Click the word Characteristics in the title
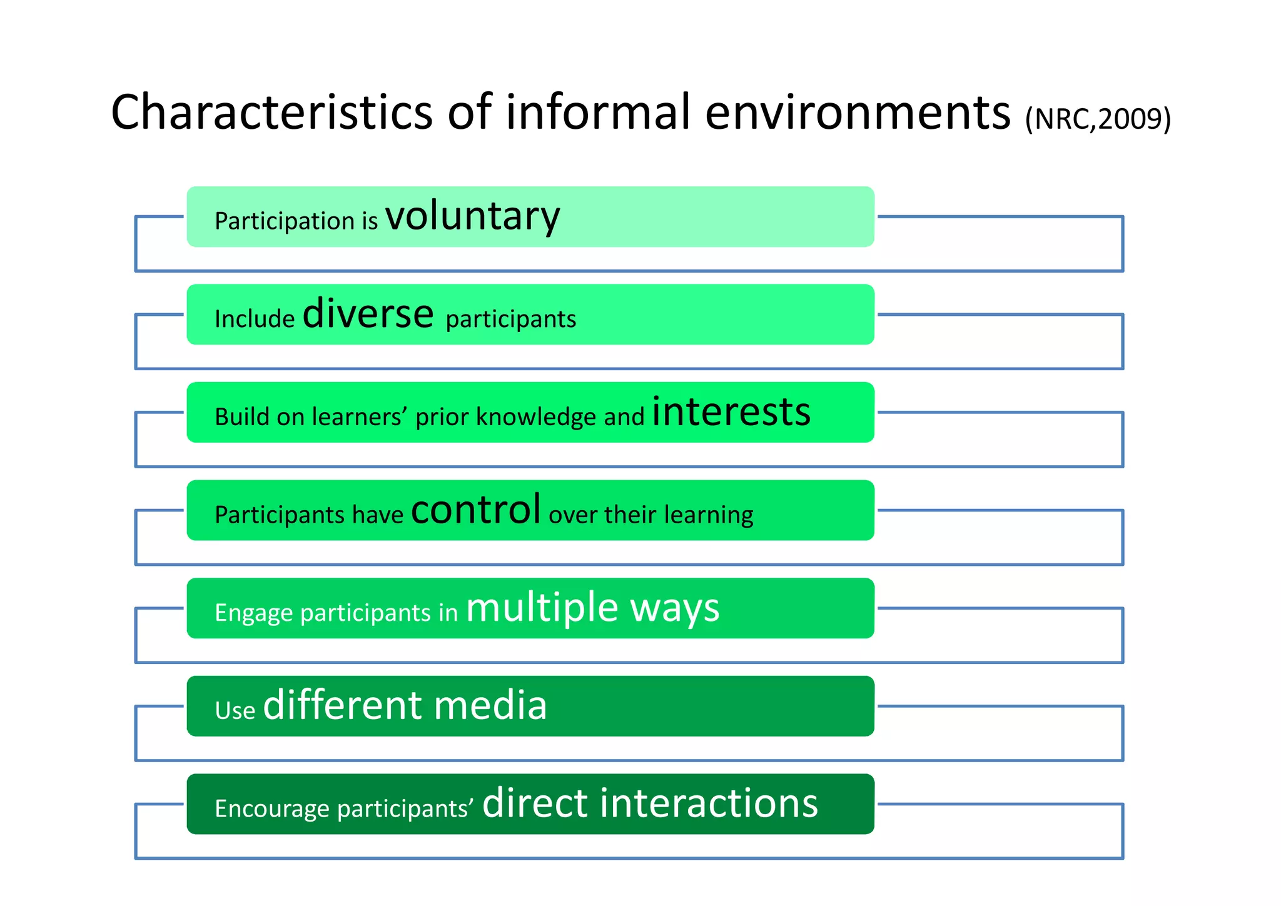click(x=271, y=113)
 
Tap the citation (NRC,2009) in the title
click(x=1098, y=119)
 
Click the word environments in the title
click(x=858, y=113)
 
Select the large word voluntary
click(x=472, y=217)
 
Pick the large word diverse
click(x=368, y=314)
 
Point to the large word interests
click(x=731, y=412)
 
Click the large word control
click(x=475, y=510)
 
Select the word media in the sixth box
click(x=490, y=706)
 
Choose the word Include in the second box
click(x=254, y=320)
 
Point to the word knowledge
click(x=536, y=417)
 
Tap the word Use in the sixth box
click(x=235, y=711)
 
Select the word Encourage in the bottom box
click(x=271, y=809)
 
